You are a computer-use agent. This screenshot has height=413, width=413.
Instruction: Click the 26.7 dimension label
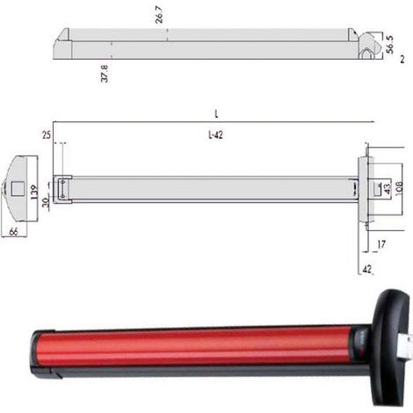coord(159,14)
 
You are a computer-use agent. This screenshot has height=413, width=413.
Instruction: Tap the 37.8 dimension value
coord(105,74)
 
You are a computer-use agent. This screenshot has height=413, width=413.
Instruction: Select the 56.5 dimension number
coord(389,45)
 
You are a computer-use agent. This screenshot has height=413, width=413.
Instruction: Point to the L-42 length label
coord(215,135)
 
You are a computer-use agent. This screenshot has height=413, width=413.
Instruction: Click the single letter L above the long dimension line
coord(216,113)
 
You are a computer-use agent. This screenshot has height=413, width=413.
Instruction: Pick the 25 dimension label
coord(47,135)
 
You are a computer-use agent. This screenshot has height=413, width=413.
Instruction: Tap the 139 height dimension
coord(34,192)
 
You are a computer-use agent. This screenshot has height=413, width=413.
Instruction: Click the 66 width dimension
coord(13,232)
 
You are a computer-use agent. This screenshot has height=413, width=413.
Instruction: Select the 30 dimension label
coord(46,202)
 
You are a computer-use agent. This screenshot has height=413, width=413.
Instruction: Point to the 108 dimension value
coord(399,188)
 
